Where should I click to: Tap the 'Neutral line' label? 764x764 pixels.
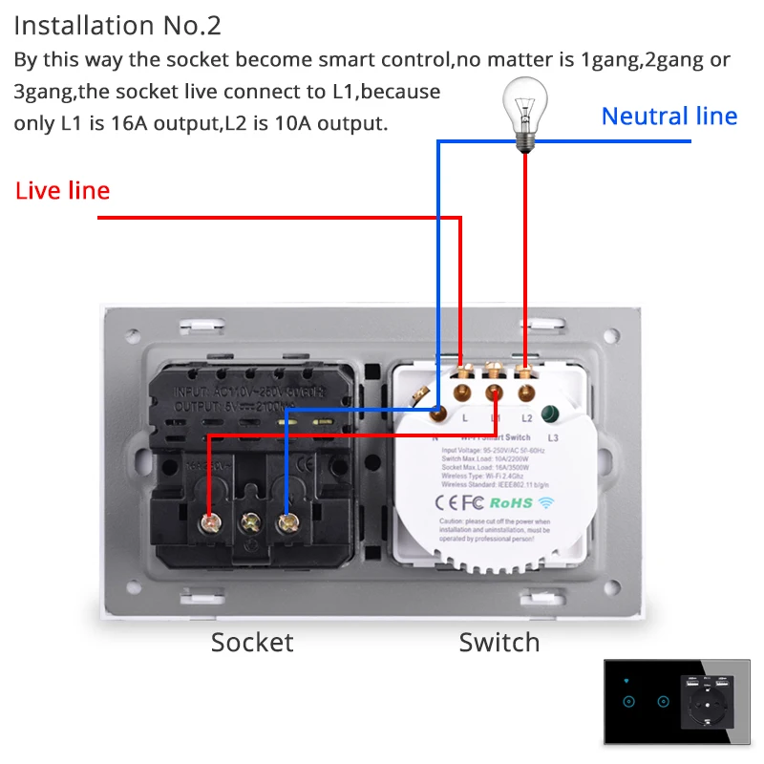click(x=669, y=117)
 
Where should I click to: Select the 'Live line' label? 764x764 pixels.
click(x=62, y=190)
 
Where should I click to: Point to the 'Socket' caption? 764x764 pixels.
click(x=252, y=642)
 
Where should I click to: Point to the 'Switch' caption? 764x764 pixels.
click(x=499, y=642)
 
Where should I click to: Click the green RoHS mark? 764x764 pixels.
click(x=511, y=502)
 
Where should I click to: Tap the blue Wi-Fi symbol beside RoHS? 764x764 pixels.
click(x=545, y=501)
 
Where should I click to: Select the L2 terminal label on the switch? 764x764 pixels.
click(x=526, y=418)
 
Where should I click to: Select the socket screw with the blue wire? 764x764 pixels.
click(x=286, y=522)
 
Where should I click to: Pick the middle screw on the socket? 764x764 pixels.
click(x=251, y=522)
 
